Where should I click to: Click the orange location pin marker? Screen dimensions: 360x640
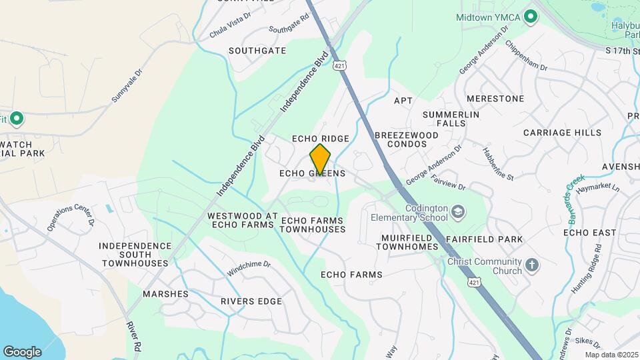[320, 159]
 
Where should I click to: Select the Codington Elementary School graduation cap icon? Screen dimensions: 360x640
[458, 213]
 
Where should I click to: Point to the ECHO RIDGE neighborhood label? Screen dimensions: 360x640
[321, 139]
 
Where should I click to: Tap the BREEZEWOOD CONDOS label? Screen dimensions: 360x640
[406, 139]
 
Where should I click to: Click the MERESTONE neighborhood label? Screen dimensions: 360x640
[495, 99]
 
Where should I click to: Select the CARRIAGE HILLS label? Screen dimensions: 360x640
[562, 133]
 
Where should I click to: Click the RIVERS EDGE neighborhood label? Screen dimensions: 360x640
[251, 301]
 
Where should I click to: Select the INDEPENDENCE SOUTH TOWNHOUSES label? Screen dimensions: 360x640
[135, 255]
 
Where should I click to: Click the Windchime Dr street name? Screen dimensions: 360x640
[249, 268]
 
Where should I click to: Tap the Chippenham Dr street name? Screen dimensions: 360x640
[526, 57]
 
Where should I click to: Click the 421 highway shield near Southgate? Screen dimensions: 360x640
[340, 66]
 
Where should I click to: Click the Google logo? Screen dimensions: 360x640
[22, 351]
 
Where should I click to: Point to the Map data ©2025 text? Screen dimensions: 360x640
[610, 355]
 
